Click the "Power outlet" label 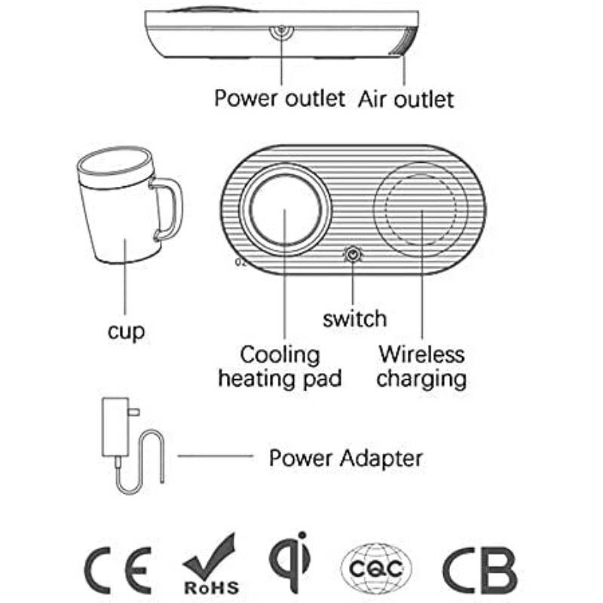click(280, 99)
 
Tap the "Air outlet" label click(406, 99)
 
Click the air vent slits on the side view click(405, 41)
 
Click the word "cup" click(126, 332)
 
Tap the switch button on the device click(353, 255)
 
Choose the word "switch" click(354, 319)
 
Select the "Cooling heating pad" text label click(280, 366)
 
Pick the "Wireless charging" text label click(421, 367)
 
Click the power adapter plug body click(115, 427)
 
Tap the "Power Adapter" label click(346, 458)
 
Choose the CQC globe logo click(376, 568)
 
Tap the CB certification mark click(479, 571)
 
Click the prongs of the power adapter click(134, 412)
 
